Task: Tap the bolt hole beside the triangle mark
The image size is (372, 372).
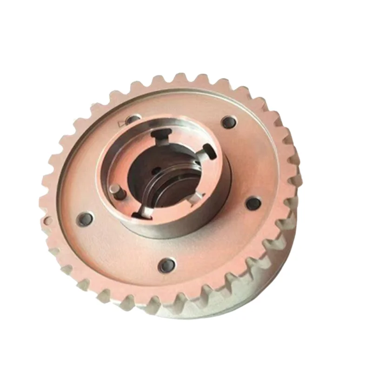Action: click(134, 120)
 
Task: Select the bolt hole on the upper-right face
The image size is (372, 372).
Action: click(229, 122)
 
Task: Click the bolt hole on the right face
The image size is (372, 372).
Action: click(253, 203)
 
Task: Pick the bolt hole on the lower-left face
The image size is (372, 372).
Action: click(85, 219)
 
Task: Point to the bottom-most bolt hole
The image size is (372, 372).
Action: click(166, 266)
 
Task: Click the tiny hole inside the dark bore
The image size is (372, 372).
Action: click(157, 170)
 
